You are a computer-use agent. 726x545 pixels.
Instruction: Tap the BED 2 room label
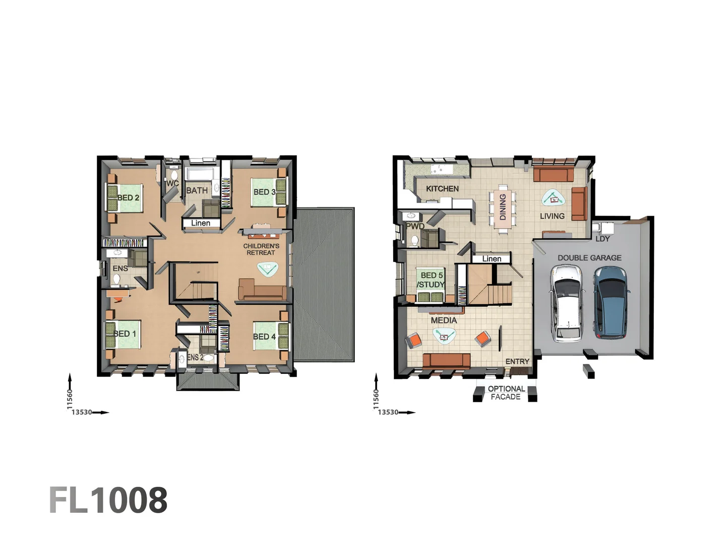tap(129, 198)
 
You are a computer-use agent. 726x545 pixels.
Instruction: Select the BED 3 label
tap(264, 192)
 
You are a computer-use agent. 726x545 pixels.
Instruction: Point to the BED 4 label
tap(264, 337)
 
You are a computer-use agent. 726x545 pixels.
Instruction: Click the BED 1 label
tap(125, 334)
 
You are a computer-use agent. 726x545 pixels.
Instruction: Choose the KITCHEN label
tap(442, 189)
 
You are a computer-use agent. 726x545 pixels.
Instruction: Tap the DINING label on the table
tap(503, 207)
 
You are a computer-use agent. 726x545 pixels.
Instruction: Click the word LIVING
tap(552, 216)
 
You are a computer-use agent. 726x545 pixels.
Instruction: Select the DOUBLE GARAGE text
tap(589, 258)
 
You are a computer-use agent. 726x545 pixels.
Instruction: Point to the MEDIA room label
tap(444, 320)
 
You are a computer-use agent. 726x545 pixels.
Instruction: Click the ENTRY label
tap(517, 361)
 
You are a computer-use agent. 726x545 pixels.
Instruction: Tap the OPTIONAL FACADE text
tap(506, 393)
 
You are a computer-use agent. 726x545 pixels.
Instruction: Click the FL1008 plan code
tap(108, 500)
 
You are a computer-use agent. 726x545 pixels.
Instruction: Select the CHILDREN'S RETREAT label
tap(261, 249)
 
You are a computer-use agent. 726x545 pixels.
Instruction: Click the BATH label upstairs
tap(197, 191)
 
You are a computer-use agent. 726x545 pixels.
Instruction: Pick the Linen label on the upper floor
tap(201, 223)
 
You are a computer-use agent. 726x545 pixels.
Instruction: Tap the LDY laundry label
tap(602, 239)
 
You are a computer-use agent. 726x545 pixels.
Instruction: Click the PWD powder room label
tap(415, 226)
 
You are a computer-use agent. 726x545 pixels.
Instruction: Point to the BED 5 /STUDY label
tap(431, 280)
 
